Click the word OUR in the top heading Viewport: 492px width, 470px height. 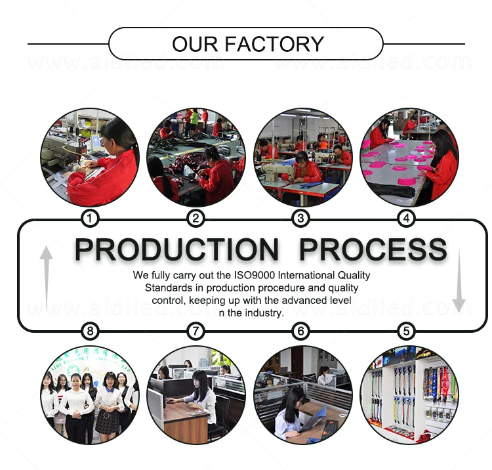pyautogui.click(x=195, y=44)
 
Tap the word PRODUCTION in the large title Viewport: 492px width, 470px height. pyautogui.click(x=176, y=249)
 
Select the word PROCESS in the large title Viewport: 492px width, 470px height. pyautogui.click(x=373, y=249)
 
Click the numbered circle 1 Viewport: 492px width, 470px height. pyautogui.click(x=91, y=218)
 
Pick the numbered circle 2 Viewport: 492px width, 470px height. pyautogui.click(x=195, y=218)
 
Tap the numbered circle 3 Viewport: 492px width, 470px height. pyautogui.click(x=300, y=218)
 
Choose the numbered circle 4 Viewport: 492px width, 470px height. pyautogui.click(x=407, y=218)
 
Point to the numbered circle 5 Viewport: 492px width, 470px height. pyautogui.click(x=407, y=331)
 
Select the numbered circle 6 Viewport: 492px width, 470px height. pyautogui.click(x=300, y=331)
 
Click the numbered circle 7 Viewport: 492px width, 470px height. pyautogui.click(x=195, y=331)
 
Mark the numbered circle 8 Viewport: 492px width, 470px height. pyautogui.click(x=91, y=331)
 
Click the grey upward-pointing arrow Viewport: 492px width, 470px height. pyautogui.click(x=47, y=276)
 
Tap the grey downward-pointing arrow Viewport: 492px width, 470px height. pyautogui.click(x=459, y=279)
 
